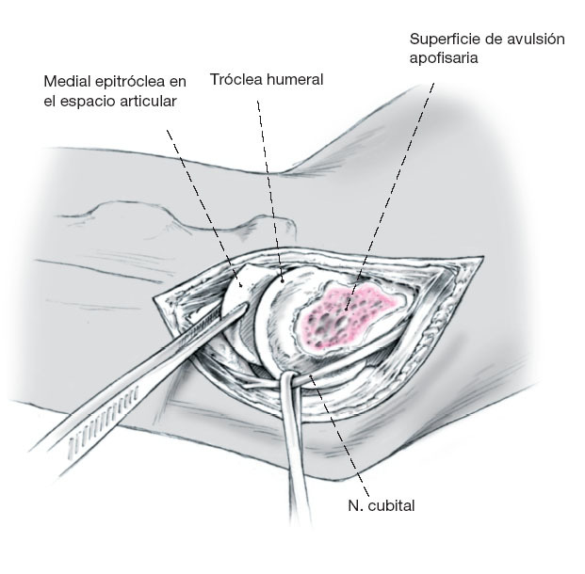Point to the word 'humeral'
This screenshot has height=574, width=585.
(294, 80)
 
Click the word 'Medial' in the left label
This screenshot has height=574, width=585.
(67, 80)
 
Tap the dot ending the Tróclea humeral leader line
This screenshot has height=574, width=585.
(281, 279)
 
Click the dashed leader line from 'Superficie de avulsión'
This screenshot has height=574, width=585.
(396, 188)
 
